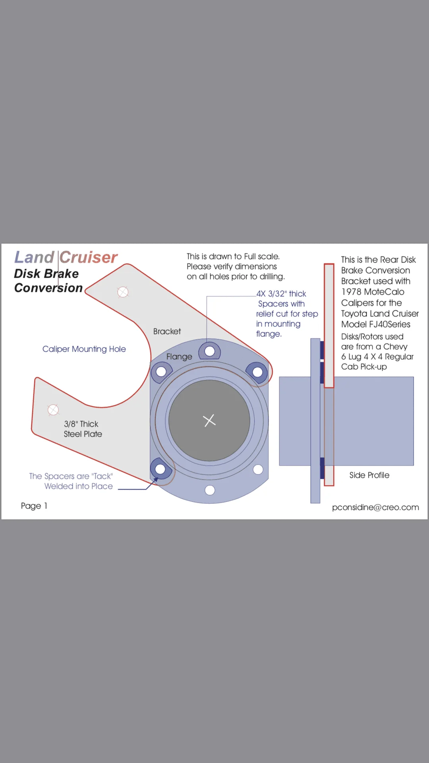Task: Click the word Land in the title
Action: click(34, 257)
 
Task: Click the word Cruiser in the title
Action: click(89, 257)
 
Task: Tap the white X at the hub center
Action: click(209, 420)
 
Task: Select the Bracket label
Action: click(167, 331)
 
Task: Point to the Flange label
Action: click(179, 356)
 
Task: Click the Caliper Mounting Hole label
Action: click(84, 349)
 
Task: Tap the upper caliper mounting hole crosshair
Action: click(123, 292)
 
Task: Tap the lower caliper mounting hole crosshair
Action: click(53, 410)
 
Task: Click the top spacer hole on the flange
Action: click(210, 351)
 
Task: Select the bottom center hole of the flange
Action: click(210, 490)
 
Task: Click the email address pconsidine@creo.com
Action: click(375, 507)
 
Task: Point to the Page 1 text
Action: click(34, 506)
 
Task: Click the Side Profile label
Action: click(369, 475)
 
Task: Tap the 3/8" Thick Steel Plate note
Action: click(83, 429)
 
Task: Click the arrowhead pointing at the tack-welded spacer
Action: click(155, 480)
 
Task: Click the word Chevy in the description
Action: click(395, 347)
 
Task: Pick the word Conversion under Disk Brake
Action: click(48, 288)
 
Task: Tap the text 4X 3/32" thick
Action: click(281, 294)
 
